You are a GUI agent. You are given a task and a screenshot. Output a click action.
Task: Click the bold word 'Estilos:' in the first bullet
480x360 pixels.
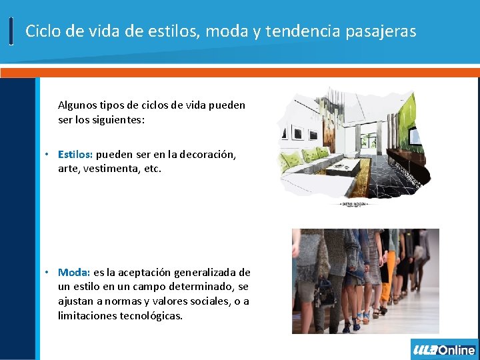click(75, 155)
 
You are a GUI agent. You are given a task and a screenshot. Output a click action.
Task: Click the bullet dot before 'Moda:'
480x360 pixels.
click(47, 272)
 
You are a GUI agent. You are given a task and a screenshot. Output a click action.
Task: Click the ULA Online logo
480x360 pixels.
click(444, 349)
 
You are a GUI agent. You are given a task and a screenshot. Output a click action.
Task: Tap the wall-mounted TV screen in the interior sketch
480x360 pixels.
click(414, 136)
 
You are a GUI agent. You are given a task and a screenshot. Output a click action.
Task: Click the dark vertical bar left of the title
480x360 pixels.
click(11, 31)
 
